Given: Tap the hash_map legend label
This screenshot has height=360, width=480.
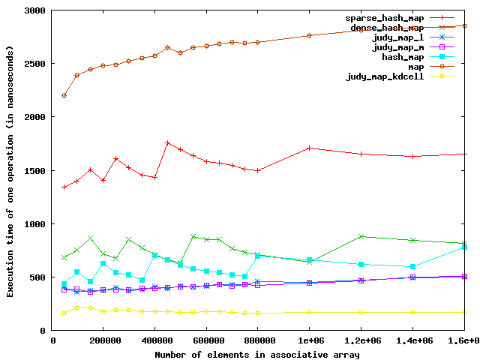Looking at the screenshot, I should (x=403, y=56).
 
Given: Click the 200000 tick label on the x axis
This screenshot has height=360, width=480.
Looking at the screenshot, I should (x=103, y=341).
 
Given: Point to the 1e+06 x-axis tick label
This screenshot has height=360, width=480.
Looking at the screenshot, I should (x=309, y=341).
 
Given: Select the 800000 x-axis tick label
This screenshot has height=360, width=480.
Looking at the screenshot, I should (x=257, y=341).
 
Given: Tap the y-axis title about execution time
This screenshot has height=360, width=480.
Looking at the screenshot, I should (x=10, y=171).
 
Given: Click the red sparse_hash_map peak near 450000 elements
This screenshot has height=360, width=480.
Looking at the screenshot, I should (x=167, y=142).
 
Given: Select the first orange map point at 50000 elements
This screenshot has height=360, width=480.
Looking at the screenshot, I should (x=64, y=95).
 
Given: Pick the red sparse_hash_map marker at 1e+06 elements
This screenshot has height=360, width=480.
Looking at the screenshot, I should (x=309, y=148).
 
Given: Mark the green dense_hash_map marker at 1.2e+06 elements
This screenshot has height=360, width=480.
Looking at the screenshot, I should (x=361, y=236).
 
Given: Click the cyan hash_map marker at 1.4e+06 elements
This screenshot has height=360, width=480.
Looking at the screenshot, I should (x=412, y=266).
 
